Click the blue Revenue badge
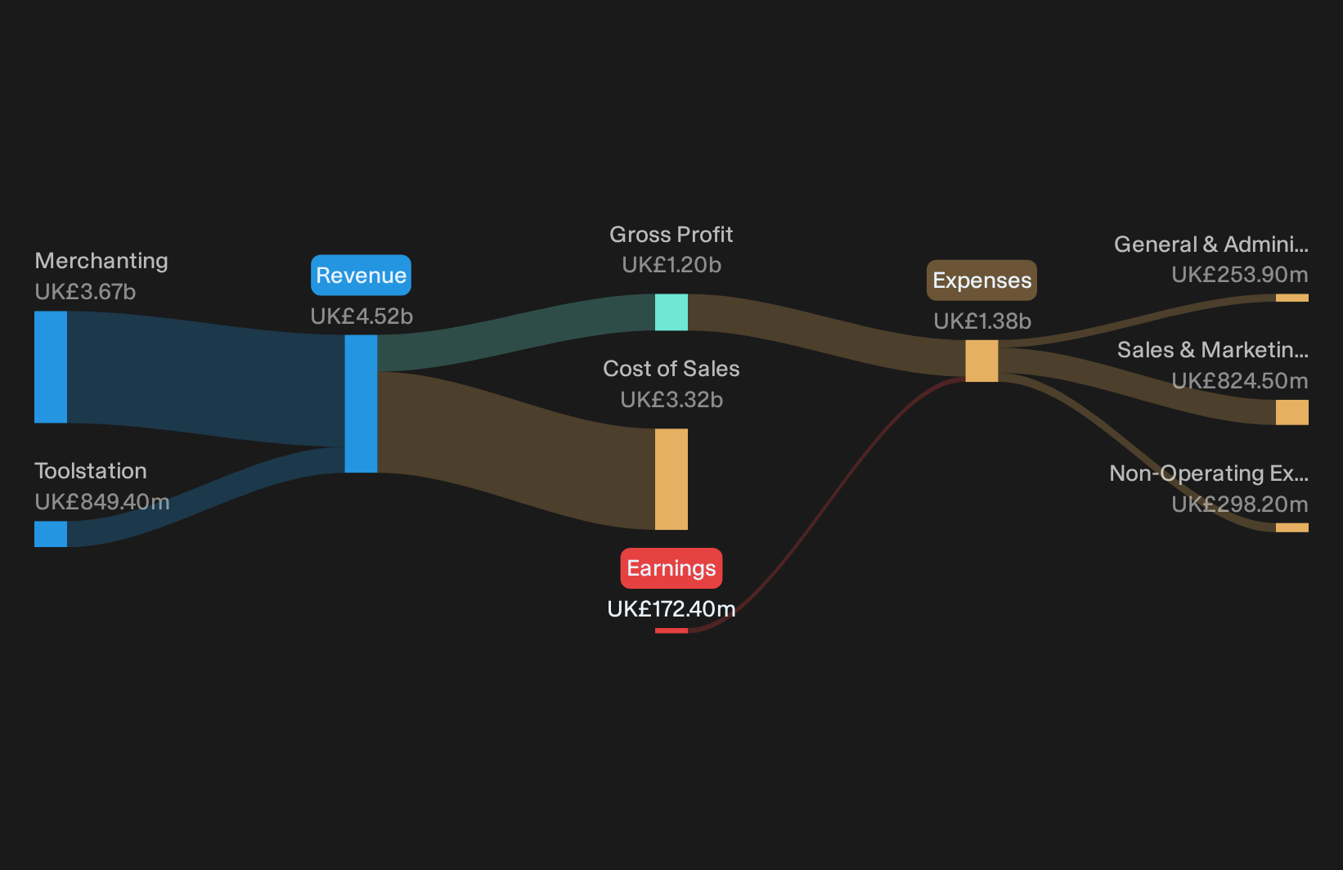[x=361, y=276]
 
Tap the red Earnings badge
[x=671, y=567]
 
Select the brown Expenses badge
[x=981, y=280]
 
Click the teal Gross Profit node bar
[x=671, y=312]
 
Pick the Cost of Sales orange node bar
[x=671, y=479]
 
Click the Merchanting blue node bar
[x=51, y=367]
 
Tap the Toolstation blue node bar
[x=51, y=534]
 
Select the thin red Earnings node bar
[x=671, y=630]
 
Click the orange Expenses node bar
[x=981, y=361]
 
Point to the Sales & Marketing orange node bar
[x=1292, y=413]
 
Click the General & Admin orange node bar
[x=1292, y=298]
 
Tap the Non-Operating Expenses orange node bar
[x=1292, y=527]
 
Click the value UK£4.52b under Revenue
[x=362, y=316]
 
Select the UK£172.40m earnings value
[x=671, y=609]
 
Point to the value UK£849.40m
[x=102, y=502]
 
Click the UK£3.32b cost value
[x=671, y=399]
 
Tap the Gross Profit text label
[x=671, y=235]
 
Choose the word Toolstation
[x=91, y=471]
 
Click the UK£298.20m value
[x=1240, y=505]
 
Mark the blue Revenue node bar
[x=361, y=404]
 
